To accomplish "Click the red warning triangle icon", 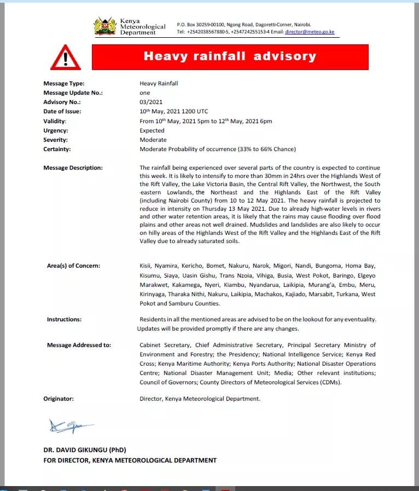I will pyautogui.click(x=65, y=57).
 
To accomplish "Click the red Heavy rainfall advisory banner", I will pyautogui.click(x=230, y=56).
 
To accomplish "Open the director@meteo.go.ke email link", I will pyautogui.click(x=310, y=32).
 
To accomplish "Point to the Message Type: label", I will pyautogui.click(x=64, y=83).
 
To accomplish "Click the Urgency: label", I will pyautogui.click(x=55, y=130).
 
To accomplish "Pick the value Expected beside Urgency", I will pyautogui.click(x=152, y=130).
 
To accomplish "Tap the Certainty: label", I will pyautogui.click(x=57, y=149).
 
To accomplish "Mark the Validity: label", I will pyautogui.click(x=55, y=121).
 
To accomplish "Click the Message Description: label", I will pyautogui.click(x=73, y=167).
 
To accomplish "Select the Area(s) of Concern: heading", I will pyautogui.click(x=73, y=265).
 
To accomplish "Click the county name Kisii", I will pyautogui.click(x=147, y=265).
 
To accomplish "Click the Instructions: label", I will pyautogui.click(x=64, y=319).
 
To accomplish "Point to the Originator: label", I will pyautogui.click(x=59, y=399).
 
